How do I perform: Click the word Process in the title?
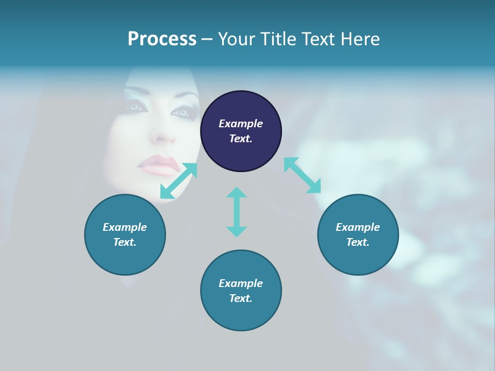[x=162, y=39]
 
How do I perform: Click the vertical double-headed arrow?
[x=237, y=212]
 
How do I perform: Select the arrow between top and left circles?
[x=178, y=181]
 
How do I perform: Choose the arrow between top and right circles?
[x=302, y=175]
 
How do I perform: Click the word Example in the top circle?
[x=241, y=124]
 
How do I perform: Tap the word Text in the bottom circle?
[x=241, y=298]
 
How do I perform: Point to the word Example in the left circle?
[x=125, y=227]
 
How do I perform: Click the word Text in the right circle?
[x=358, y=242]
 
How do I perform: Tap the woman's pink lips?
[x=159, y=166]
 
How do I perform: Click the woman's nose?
[x=163, y=136]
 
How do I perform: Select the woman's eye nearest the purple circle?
[x=181, y=112]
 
